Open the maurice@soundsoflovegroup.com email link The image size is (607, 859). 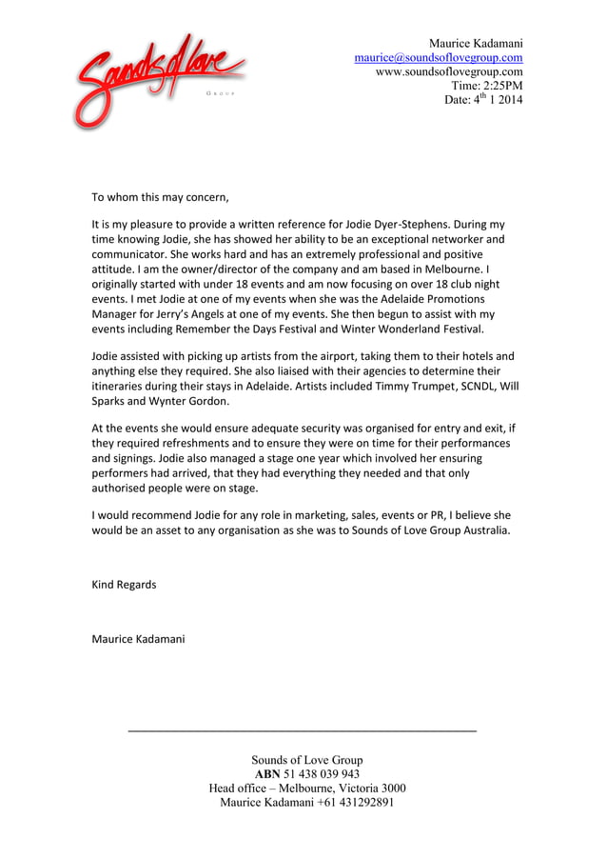(x=438, y=57)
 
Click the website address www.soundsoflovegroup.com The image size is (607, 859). (x=449, y=71)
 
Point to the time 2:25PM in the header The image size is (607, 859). (x=500, y=86)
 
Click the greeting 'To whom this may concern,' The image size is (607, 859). (x=160, y=198)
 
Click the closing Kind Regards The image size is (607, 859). (x=124, y=584)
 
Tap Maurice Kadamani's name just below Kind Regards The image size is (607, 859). (x=138, y=638)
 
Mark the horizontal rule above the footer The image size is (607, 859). (x=302, y=730)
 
